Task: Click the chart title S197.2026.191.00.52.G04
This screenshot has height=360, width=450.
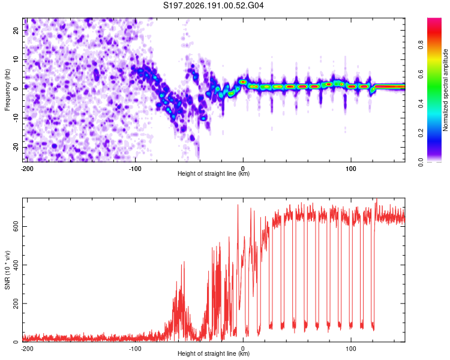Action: [x=213, y=5]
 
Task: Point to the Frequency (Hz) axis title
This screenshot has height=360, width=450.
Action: [x=7, y=90]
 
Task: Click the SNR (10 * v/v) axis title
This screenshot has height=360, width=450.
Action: [x=7, y=270]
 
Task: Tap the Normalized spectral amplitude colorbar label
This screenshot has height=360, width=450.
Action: [x=445, y=90]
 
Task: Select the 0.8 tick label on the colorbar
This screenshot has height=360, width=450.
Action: [x=421, y=45]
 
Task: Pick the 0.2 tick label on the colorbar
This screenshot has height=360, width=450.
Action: [x=421, y=133]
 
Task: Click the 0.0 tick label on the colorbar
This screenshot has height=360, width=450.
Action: [x=421, y=163]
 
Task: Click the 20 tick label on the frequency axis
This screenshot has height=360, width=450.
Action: [x=16, y=30]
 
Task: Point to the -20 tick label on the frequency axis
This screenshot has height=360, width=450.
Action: [x=16, y=147]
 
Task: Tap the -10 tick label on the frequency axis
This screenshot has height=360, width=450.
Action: [x=16, y=118]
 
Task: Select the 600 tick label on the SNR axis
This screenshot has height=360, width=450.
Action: [x=16, y=227]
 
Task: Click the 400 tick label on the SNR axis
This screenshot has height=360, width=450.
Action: [x=16, y=265]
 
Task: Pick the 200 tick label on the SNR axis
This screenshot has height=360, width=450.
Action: [x=16, y=304]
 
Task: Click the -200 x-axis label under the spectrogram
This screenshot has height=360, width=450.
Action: [x=27, y=169]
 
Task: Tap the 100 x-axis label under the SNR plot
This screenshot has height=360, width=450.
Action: [x=351, y=349]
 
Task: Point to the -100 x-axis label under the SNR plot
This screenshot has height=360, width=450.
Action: [x=135, y=349]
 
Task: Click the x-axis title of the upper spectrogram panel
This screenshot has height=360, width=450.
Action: [x=214, y=173]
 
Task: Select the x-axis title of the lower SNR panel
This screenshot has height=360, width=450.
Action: [x=214, y=353]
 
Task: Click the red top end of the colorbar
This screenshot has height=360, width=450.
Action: [x=434, y=20]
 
